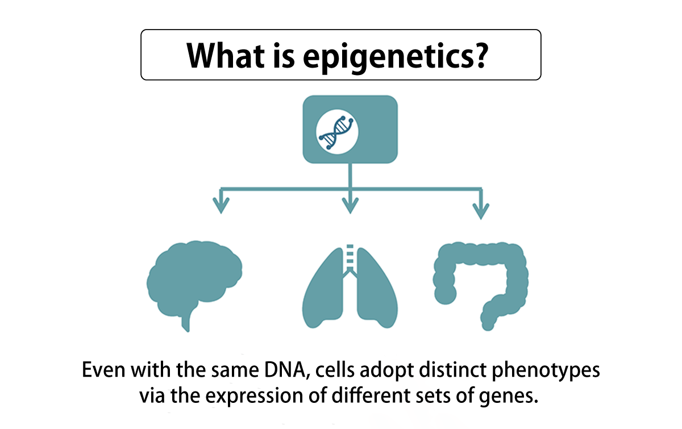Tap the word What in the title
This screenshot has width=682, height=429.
tap(226, 55)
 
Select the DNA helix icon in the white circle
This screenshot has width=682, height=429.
tap(336, 132)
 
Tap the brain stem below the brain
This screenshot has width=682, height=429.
tap(186, 321)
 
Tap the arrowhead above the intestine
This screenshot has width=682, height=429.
tap(481, 211)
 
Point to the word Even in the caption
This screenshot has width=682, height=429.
tap(103, 370)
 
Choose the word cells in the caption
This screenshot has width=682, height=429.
tap(335, 370)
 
